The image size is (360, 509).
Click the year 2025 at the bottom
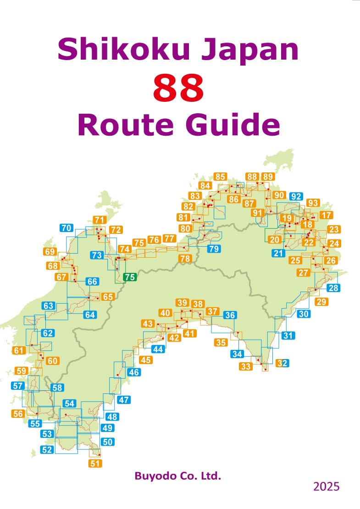(327, 487)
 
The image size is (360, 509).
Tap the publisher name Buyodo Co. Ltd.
(178, 476)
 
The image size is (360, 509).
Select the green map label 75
(130, 277)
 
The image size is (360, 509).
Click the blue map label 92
(296, 197)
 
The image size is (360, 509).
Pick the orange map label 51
(95, 463)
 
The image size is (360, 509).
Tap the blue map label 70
(66, 228)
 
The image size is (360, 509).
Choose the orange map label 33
(246, 366)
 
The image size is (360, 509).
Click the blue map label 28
(333, 288)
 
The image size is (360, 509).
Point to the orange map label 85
(221, 177)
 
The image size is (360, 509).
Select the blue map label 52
(47, 449)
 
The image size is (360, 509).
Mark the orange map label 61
(19, 351)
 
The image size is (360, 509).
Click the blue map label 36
(230, 315)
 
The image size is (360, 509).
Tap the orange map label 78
(185, 259)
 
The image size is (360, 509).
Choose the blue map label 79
(214, 249)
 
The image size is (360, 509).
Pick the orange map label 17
(327, 215)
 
